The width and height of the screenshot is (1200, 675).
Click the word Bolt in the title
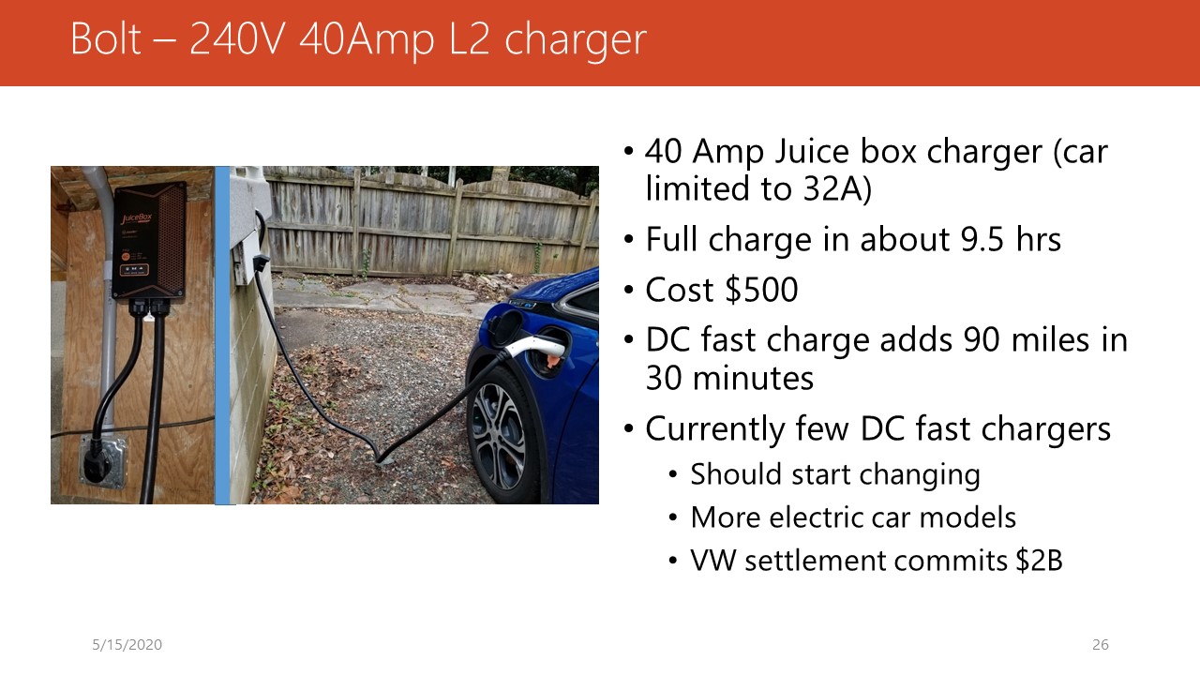click(x=106, y=38)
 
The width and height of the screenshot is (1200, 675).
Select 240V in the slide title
click(x=235, y=38)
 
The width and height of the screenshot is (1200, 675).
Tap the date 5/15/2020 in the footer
click(x=127, y=644)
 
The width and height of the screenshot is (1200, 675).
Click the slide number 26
click(x=1101, y=644)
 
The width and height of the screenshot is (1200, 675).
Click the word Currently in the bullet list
click(x=715, y=429)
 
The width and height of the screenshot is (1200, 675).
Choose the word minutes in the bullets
click(x=753, y=378)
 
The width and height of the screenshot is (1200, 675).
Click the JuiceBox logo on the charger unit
click(x=136, y=218)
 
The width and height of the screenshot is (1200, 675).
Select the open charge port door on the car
click(x=504, y=327)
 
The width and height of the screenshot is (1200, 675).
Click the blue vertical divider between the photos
click(x=222, y=336)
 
